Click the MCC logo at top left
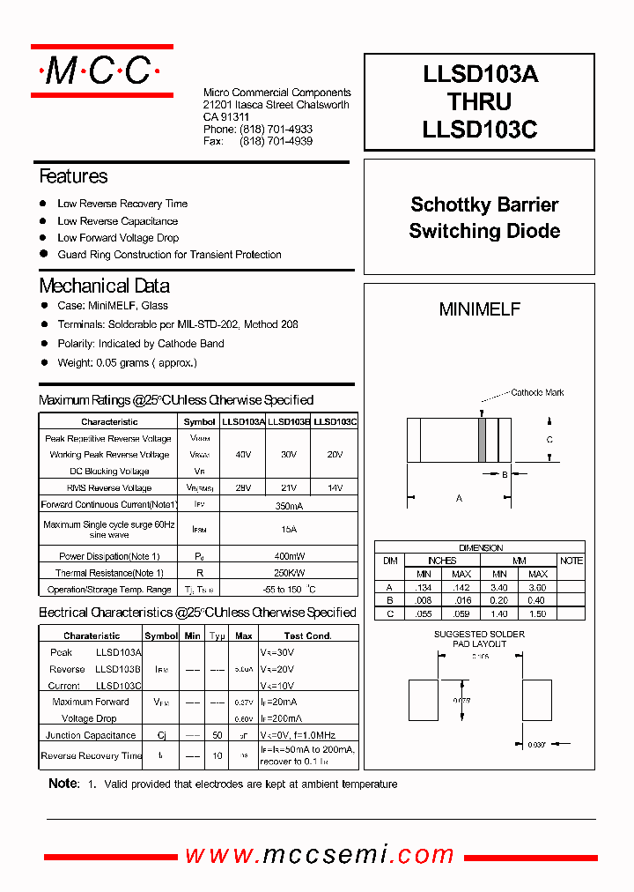[101, 71]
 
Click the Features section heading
[73, 176]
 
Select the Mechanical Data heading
[104, 286]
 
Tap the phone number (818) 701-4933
[276, 129]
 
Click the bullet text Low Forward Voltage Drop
[118, 238]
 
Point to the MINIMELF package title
[480, 309]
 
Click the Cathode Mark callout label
[537, 393]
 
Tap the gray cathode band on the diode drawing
[482, 439]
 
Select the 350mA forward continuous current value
[289, 505]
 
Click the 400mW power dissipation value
[289, 556]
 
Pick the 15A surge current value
[289, 529]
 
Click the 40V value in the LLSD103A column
[243, 455]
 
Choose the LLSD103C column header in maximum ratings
[335, 422]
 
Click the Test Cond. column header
[307, 636]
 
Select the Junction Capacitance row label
[91, 735]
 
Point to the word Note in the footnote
[63, 784]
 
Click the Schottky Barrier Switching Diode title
[484, 218]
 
